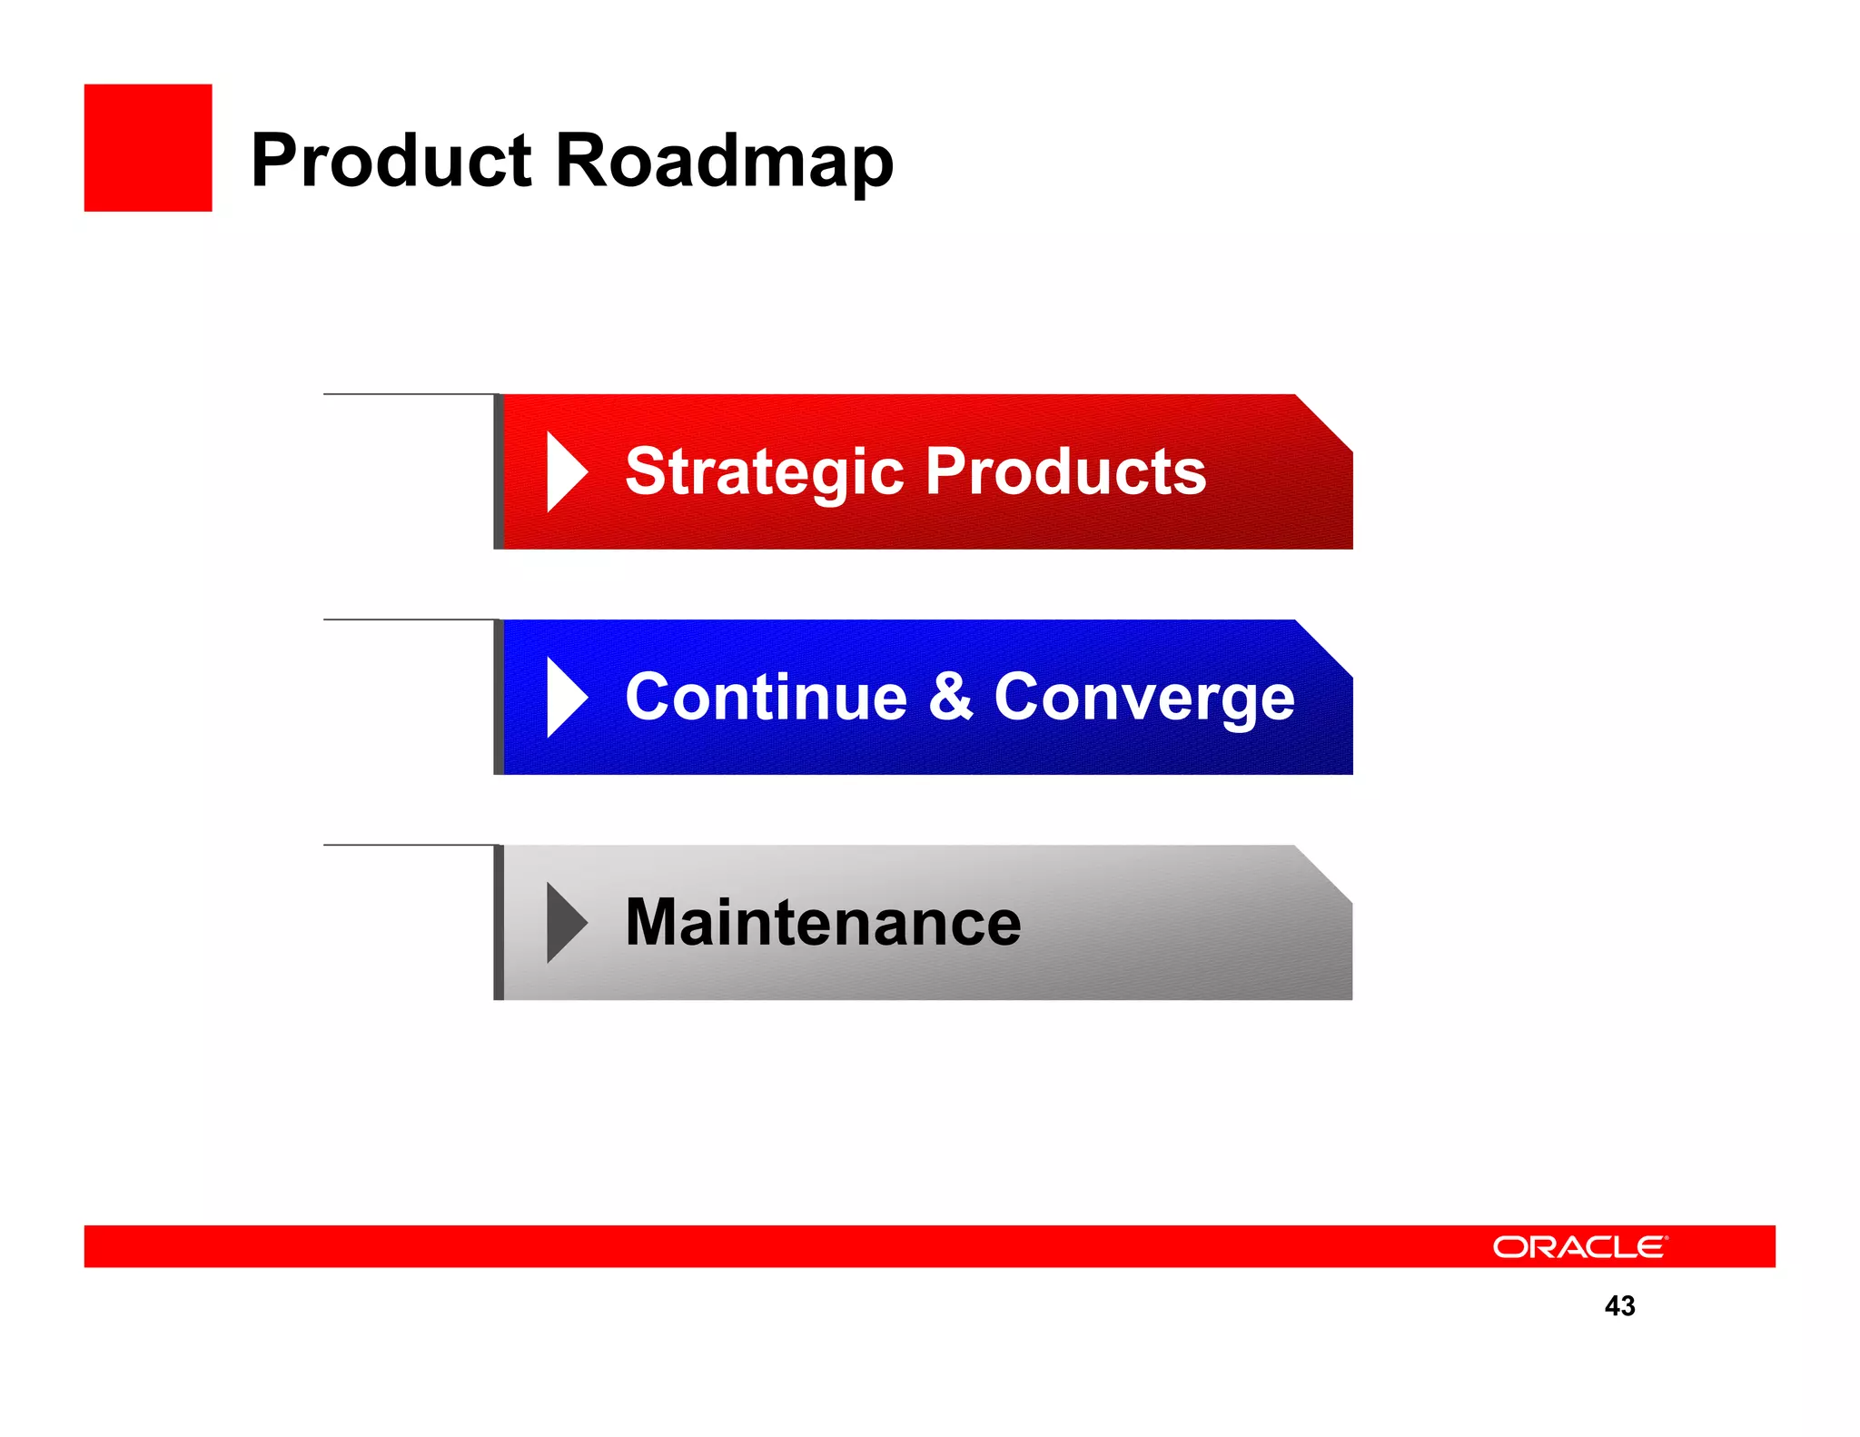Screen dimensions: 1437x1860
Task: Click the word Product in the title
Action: tap(391, 162)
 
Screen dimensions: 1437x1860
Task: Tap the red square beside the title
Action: tap(148, 148)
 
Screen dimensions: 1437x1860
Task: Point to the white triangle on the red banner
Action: tap(565, 472)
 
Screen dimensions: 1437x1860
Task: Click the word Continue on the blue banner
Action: tap(766, 698)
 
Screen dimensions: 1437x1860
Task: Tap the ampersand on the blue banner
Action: tap(950, 698)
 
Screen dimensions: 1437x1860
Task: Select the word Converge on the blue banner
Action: tap(1143, 698)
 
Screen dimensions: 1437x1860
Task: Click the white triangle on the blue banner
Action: tap(565, 698)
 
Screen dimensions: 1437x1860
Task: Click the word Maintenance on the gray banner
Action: tap(823, 923)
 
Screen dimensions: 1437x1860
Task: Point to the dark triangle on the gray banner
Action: tap(564, 923)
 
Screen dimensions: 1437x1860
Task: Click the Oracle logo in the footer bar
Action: tap(1579, 1247)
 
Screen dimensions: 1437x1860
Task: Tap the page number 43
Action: tap(1619, 1305)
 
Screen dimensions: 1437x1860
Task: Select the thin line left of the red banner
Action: tap(409, 394)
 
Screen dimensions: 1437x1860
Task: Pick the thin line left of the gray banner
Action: tap(409, 845)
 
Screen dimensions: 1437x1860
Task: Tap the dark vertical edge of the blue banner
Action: tap(499, 698)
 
